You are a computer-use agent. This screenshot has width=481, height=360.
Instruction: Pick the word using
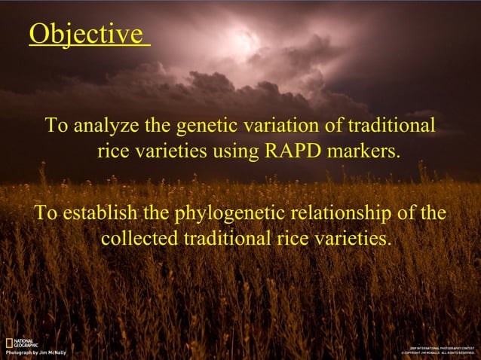coord(234,151)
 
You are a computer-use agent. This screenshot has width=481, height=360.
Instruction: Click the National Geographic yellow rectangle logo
coord(8,343)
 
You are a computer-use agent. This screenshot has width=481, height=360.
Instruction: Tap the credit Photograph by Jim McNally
coord(36,352)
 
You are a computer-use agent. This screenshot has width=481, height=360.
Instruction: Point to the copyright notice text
coord(437,352)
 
